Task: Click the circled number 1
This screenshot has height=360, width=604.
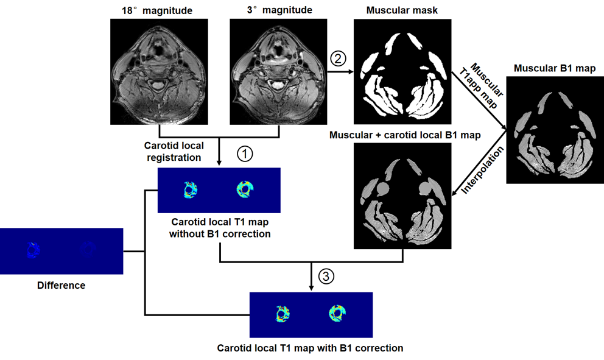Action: (x=244, y=155)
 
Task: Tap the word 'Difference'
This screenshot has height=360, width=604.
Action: (x=61, y=285)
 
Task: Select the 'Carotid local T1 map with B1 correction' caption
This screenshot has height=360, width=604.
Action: (x=310, y=348)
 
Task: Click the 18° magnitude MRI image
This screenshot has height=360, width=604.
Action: (x=159, y=71)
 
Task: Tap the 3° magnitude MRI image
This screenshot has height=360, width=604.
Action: (x=278, y=71)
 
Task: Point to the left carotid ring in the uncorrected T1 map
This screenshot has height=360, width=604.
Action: (x=191, y=191)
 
